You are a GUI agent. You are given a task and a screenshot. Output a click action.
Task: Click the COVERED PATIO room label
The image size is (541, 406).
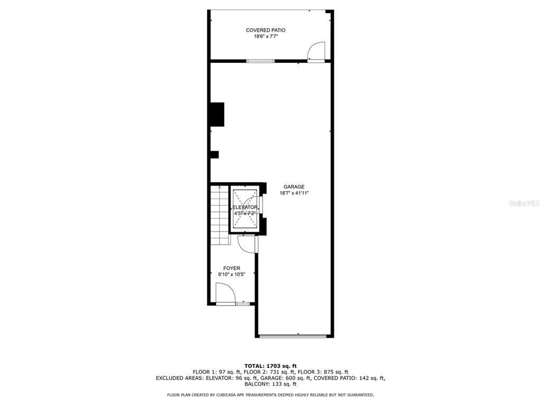point(265,30)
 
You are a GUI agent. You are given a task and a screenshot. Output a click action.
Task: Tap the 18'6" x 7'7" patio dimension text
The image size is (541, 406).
point(265,36)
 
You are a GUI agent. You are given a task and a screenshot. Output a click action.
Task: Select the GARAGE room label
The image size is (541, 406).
point(294,187)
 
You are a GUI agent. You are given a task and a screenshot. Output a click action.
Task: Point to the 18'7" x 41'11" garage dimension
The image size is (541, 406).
point(294,193)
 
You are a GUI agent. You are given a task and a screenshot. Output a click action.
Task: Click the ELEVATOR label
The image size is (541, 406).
point(245,207)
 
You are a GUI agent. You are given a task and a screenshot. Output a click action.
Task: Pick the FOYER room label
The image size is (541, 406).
point(231,269)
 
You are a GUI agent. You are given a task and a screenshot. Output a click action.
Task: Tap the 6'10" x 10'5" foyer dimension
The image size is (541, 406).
point(231,275)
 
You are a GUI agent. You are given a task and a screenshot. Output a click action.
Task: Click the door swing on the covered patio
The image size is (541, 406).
point(315,52)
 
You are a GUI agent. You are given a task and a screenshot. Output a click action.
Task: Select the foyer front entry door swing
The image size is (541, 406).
point(224,293)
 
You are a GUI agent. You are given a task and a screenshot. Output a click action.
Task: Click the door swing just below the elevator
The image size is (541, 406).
point(246,243)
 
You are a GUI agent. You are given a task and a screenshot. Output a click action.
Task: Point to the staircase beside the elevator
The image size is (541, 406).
point(219,214)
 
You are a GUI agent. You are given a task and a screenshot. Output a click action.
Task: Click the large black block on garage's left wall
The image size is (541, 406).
point(217,114)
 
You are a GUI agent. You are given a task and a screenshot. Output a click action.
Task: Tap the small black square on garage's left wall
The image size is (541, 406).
point(214,154)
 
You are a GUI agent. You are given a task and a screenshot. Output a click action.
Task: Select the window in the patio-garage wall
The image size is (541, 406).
point(261,61)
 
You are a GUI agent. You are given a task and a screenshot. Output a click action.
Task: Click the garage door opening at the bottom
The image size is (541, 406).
point(293,335)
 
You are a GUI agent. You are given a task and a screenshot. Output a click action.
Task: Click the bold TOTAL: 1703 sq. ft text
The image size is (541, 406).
point(270,366)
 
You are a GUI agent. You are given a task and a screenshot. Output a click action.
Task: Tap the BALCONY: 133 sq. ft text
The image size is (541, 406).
point(270,384)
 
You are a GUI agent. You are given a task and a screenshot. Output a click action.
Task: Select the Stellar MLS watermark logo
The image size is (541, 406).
point(523,203)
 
